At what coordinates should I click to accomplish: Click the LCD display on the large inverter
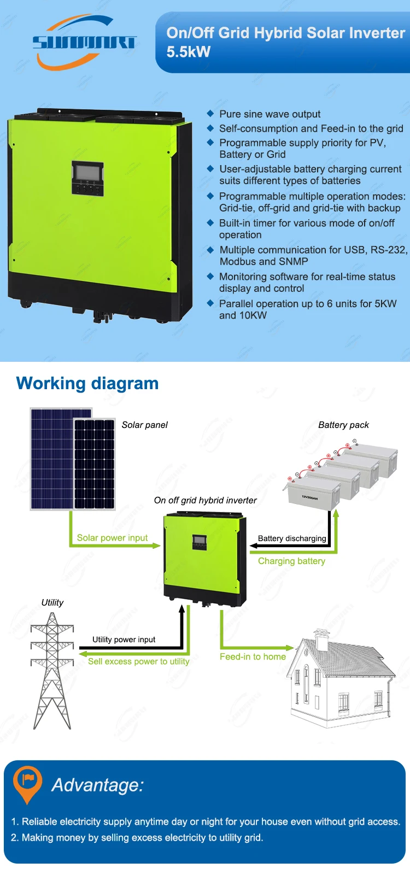pos(87,171)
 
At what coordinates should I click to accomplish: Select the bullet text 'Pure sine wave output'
pos(270,114)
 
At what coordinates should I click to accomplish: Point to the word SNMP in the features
pos(294,261)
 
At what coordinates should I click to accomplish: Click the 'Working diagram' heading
pos(87,383)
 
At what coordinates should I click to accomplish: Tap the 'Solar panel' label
pos(144,425)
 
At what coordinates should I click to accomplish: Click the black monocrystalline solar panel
pos(94,464)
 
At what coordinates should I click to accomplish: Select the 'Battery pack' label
pos(343,425)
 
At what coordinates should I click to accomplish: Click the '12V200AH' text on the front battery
pos(309,498)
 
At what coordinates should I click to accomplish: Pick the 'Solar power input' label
pos(112,538)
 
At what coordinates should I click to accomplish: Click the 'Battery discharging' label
pos(292,538)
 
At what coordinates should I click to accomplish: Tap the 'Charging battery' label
pos(291,561)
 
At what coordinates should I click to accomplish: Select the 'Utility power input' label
pos(124,640)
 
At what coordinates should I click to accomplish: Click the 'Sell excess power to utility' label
pos(139,661)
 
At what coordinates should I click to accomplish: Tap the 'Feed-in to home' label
pos(253,656)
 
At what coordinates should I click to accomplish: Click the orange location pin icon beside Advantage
pos(27,783)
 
